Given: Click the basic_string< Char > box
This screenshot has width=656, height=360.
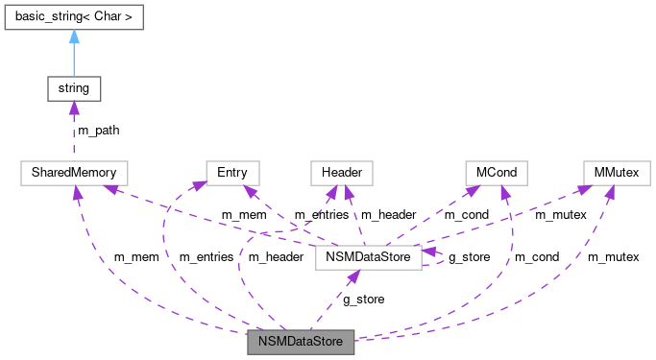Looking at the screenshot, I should (x=74, y=18).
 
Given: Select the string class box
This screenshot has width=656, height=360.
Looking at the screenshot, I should (x=74, y=88).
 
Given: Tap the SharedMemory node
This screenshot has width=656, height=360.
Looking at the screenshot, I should (x=74, y=173).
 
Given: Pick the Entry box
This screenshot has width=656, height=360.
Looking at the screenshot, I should (x=232, y=173).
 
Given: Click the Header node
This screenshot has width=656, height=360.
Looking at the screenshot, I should (x=341, y=173).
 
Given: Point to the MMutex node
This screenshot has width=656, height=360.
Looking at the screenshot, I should (x=611, y=173).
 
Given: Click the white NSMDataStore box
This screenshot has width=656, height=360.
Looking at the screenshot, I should (x=369, y=257).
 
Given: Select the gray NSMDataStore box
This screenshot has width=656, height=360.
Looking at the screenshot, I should (x=301, y=340).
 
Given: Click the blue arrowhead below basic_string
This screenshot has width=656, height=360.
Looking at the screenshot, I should (x=74, y=37).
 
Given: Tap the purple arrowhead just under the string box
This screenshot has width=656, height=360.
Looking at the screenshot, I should (x=74, y=108).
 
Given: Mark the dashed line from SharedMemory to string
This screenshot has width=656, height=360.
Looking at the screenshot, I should (x=74, y=134).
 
